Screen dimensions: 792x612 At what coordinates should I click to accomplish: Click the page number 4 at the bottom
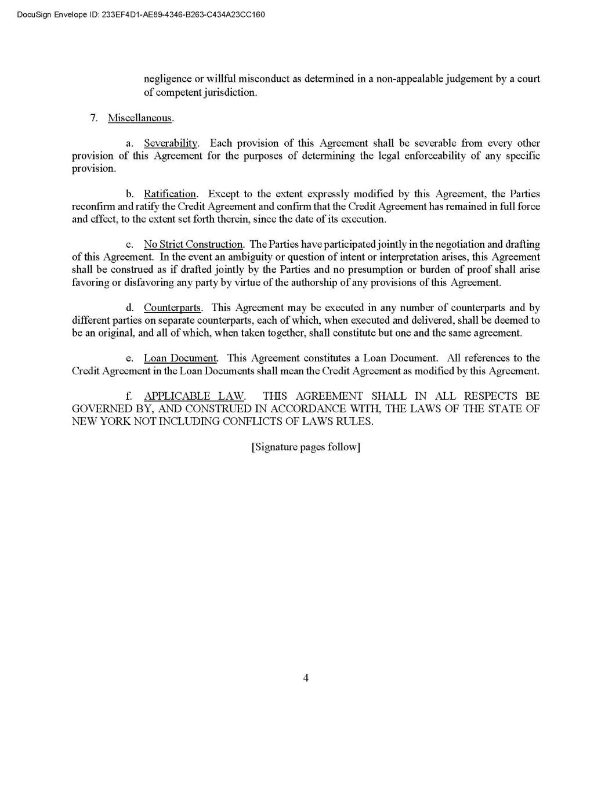click(x=306, y=678)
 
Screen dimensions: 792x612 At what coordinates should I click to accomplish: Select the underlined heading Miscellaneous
click(x=140, y=118)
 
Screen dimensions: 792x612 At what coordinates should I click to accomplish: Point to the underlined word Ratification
click(x=170, y=194)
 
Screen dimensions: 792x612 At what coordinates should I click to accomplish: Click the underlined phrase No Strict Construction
click(x=193, y=244)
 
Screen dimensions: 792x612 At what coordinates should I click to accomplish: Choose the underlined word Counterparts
click(x=172, y=308)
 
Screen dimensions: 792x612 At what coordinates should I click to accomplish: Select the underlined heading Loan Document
click(x=180, y=358)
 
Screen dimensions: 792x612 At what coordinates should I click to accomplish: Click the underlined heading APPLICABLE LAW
click(x=194, y=396)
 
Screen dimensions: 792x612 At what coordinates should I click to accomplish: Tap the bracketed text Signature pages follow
click(x=306, y=447)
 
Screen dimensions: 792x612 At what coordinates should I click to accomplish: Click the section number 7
click(x=93, y=118)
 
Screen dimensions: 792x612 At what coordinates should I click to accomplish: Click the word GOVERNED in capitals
click(x=102, y=409)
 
